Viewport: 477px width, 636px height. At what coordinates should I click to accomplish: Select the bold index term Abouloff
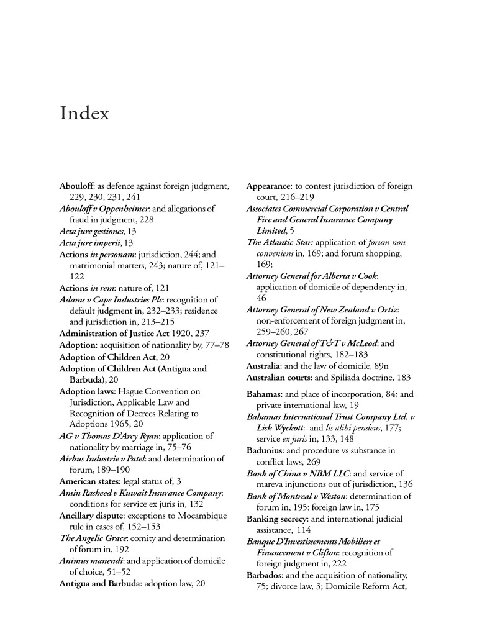click(x=77, y=186)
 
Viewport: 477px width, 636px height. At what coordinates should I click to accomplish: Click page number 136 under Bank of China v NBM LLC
click(x=404, y=484)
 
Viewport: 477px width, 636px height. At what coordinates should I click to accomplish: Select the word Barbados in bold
click(x=266, y=575)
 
